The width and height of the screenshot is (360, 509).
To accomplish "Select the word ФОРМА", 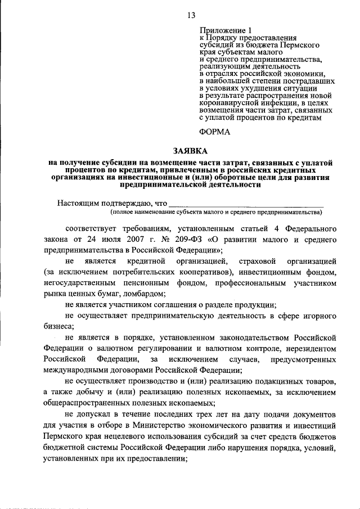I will (215, 132).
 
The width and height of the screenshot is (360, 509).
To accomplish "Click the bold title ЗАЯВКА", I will (190, 151).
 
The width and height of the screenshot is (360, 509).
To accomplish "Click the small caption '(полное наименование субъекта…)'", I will (217, 213).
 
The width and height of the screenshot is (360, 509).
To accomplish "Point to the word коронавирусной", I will (228, 103).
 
